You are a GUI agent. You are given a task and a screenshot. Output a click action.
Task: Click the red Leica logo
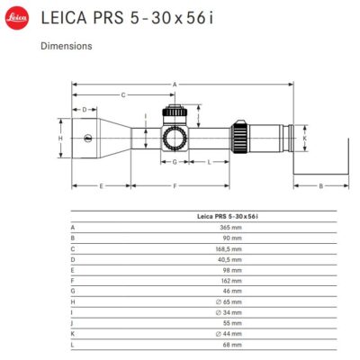[17, 18]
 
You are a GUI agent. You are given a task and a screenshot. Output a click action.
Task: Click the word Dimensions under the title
[67, 46]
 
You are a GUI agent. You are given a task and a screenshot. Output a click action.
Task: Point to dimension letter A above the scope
[175, 85]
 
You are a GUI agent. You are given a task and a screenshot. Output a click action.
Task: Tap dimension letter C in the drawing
[123, 95]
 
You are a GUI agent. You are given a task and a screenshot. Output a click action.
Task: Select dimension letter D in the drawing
[85, 110]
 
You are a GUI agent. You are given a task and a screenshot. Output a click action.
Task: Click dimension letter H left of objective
[60, 139]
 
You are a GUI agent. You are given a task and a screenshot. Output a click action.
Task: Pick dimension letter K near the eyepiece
[305, 139]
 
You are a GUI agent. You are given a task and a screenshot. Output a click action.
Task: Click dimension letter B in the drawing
[320, 186]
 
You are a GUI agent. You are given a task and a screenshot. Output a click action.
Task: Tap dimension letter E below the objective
[101, 186]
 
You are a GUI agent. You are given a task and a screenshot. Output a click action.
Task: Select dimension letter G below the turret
[175, 162]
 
